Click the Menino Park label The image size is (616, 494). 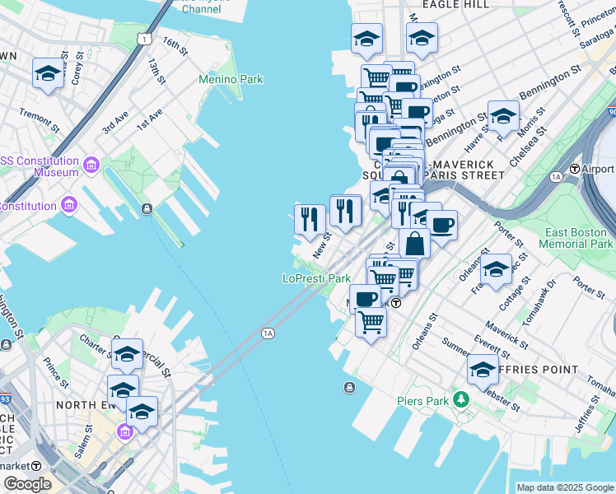coord(231,80)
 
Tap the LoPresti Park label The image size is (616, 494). coord(317,279)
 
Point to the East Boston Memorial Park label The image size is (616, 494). coord(576,239)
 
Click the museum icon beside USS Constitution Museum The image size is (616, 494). coord(90,166)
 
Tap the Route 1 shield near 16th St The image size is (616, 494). coord(144,39)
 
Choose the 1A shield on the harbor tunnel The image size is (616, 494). coord(268,333)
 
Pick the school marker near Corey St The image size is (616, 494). coord(49,74)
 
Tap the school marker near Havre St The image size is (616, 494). coord(503,117)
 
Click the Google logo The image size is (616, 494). coord(27,484)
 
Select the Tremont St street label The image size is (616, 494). coord(39,122)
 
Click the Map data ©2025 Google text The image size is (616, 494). coord(564,487)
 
